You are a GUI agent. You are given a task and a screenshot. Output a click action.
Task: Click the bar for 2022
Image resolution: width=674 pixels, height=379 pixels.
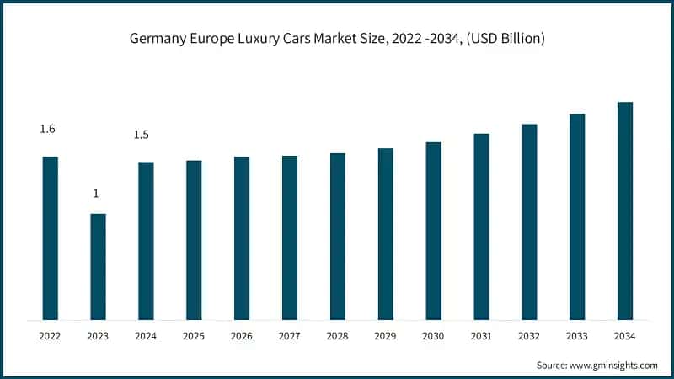[x=51, y=238]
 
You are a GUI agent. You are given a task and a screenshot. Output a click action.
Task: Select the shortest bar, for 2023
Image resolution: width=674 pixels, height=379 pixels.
[x=98, y=267]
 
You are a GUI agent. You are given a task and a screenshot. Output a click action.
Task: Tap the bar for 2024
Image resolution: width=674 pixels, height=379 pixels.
[x=146, y=241]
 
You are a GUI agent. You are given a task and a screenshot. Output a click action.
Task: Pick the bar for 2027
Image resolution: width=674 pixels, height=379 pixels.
[x=290, y=238]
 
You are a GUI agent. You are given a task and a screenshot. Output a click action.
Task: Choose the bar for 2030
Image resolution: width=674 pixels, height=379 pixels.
[x=433, y=231]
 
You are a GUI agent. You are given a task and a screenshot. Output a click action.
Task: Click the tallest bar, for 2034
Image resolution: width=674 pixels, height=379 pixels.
[x=625, y=211]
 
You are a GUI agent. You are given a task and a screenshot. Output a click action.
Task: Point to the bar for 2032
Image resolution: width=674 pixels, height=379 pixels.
[x=529, y=222]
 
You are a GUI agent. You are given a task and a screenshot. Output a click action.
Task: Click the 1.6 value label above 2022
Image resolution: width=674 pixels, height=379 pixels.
[x=48, y=129]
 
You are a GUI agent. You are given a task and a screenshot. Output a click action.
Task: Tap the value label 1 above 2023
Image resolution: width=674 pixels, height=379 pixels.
[x=96, y=194]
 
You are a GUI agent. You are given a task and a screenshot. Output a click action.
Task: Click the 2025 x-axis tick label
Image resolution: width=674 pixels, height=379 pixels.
[x=194, y=336]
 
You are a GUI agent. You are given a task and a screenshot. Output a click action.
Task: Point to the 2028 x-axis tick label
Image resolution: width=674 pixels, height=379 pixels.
[x=337, y=336]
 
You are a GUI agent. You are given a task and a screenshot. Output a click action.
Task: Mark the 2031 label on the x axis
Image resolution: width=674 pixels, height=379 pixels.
[x=481, y=336]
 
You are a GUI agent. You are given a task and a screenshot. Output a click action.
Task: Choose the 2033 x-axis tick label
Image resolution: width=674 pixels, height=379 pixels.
[x=577, y=336]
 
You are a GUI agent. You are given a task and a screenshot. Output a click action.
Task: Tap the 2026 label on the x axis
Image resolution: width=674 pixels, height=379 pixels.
[x=242, y=336]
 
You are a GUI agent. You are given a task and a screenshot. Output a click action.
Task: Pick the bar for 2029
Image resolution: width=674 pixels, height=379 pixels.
[x=386, y=234]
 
